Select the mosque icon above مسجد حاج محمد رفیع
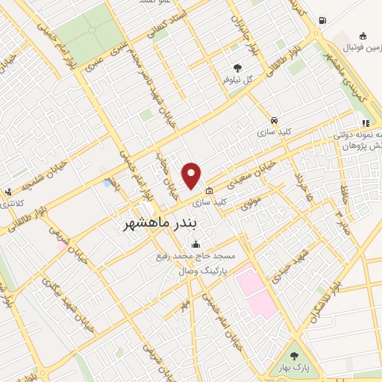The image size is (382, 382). [x=195, y=244]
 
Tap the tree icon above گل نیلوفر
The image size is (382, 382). [x=238, y=67]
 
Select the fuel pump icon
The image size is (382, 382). [x=322, y=21]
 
